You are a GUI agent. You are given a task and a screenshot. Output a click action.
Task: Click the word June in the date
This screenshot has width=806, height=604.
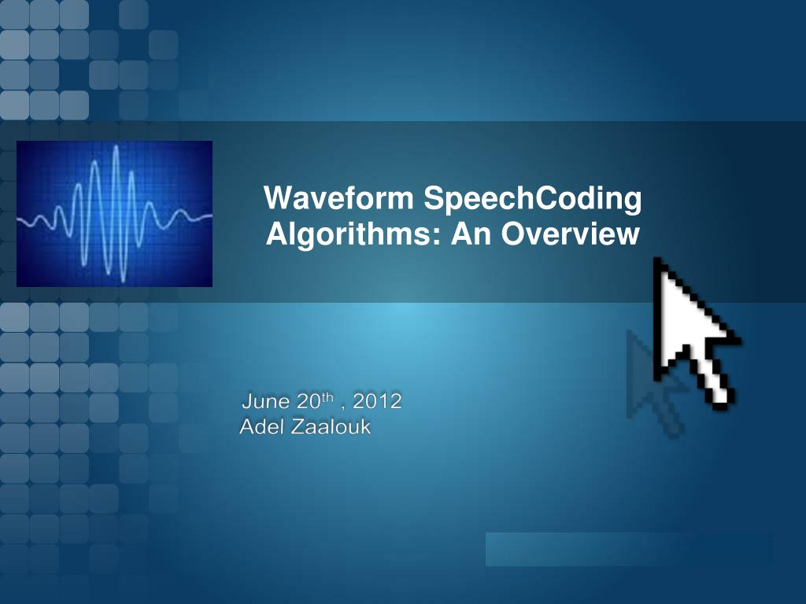pyautogui.click(x=266, y=402)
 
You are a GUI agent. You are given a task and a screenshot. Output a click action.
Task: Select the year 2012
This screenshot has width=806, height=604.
pyautogui.click(x=378, y=402)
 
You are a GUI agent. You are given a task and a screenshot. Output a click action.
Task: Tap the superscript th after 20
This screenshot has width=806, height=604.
pyautogui.click(x=327, y=397)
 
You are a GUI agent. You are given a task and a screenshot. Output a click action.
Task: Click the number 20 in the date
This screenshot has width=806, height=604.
pyautogui.click(x=306, y=402)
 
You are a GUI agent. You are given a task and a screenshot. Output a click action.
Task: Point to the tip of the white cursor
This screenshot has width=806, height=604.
pyautogui.click(x=657, y=261)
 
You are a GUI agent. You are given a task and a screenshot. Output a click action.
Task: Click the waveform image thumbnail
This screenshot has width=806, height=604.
pyautogui.click(x=114, y=214)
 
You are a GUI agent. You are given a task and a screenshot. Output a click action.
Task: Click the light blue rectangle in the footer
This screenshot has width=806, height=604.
pyautogui.click(x=628, y=549)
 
